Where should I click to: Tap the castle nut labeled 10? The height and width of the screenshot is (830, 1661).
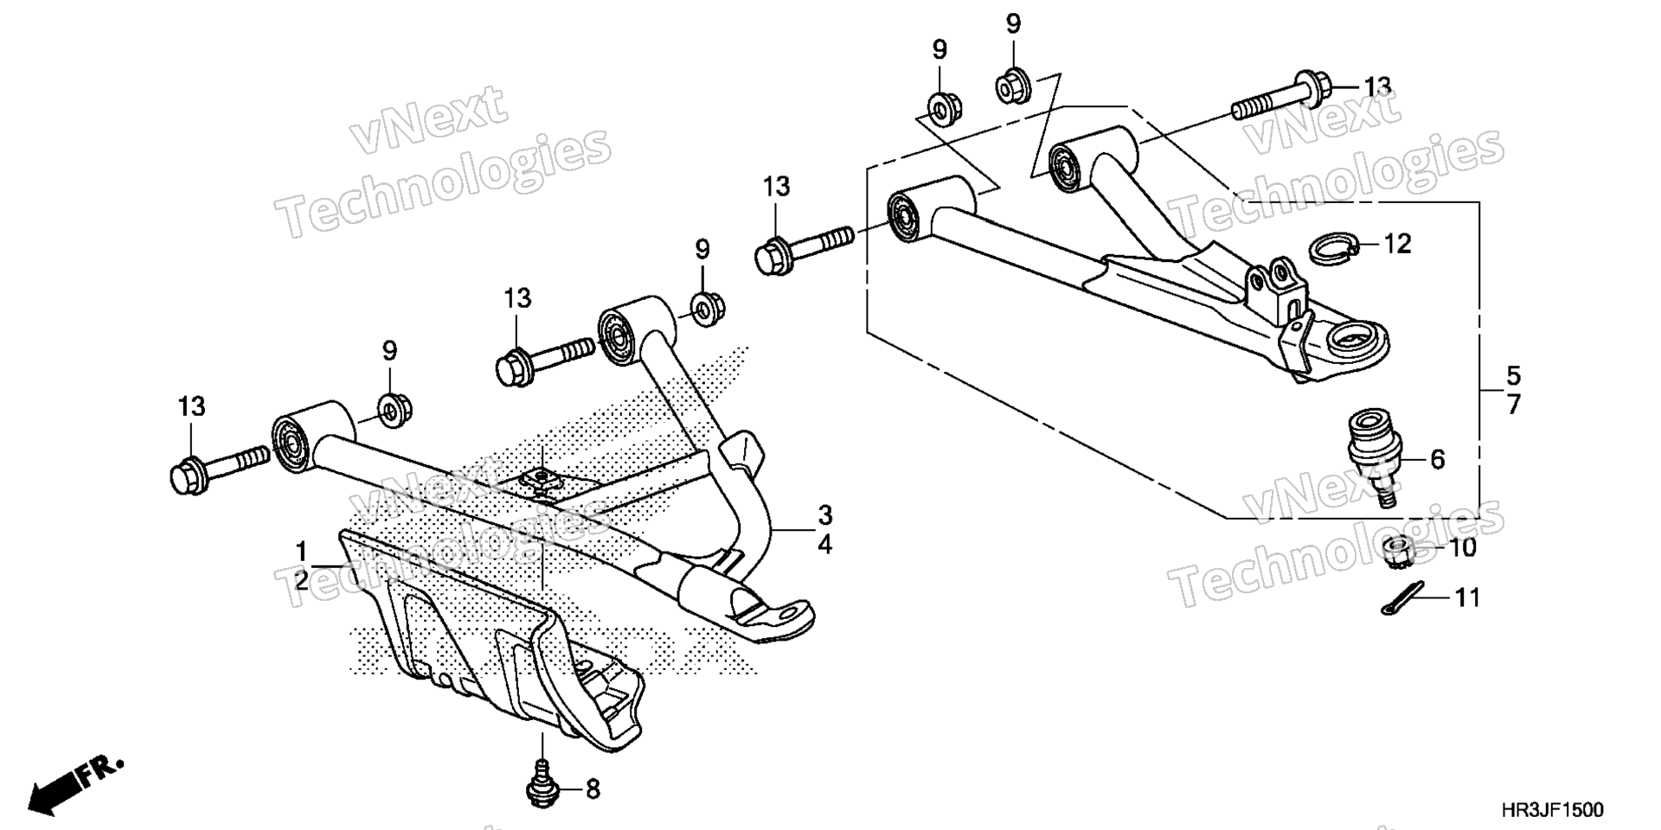click(1397, 552)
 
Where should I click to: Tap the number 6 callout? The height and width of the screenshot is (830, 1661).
click(1437, 459)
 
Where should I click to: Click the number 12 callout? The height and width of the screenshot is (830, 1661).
click(1397, 244)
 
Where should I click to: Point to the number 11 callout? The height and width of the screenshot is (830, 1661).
click(1466, 597)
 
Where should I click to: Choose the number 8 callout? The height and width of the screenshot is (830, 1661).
click(593, 789)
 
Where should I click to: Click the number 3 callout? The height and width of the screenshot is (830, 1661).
click(825, 515)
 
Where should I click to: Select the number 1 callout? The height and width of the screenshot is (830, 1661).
click(301, 551)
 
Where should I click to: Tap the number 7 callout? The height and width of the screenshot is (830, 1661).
click(1513, 405)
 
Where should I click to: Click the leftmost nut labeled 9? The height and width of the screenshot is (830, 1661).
click(394, 409)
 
